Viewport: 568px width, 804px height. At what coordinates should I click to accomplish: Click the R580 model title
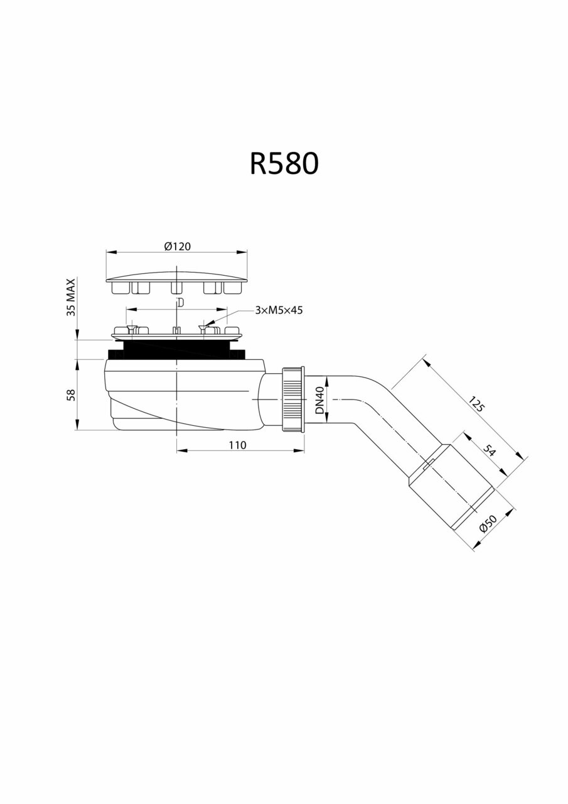[x=284, y=163]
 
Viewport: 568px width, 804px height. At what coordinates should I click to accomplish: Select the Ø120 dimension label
[x=177, y=246]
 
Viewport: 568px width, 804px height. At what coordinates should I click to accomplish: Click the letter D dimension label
[x=180, y=303]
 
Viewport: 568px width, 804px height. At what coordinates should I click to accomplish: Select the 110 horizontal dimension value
[x=237, y=445]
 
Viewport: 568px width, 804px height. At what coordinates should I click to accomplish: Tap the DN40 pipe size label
[x=319, y=400]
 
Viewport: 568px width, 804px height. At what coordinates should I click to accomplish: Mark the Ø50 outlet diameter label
[x=487, y=524]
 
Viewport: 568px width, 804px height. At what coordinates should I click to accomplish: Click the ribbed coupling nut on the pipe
[x=292, y=399]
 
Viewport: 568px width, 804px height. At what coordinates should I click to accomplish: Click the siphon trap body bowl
[x=182, y=396]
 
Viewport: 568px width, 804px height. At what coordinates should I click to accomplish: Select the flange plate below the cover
[x=177, y=334]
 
